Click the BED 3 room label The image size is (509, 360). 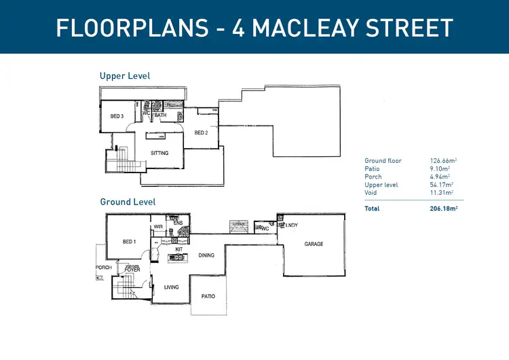[117, 116]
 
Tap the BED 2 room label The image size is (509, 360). [201, 132]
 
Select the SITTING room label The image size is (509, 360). [159, 153]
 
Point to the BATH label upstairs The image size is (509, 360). [161, 115]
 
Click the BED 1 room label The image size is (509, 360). [130, 242]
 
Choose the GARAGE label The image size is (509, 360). [314, 244]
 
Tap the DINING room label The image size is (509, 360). [206, 255]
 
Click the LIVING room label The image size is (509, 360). [172, 287]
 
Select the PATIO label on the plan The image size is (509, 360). [208, 296]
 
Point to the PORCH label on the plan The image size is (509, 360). [104, 268]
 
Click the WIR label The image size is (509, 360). [158, 227]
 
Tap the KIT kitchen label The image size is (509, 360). [179, 249]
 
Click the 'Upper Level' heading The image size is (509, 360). [125, 76]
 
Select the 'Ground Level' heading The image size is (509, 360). [128, 202]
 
